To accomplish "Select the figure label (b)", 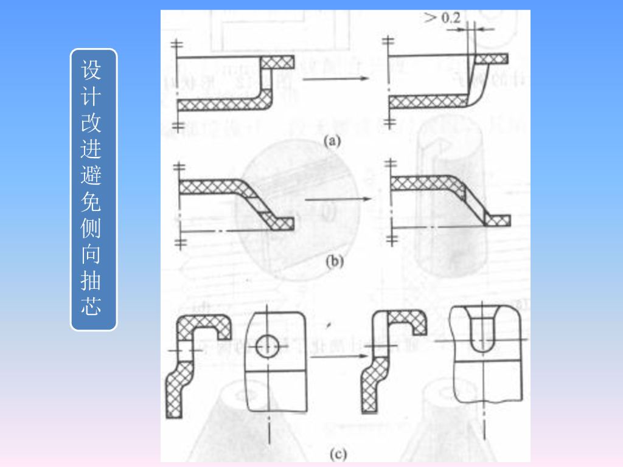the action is point(334,262).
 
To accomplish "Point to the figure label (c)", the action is point(338,453).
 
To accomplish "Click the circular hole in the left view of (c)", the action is point(267,347).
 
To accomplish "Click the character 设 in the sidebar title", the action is point(93,70).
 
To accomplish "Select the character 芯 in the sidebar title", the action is point(93,307).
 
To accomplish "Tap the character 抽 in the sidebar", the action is point(93,281).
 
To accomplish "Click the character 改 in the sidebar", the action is point(93,123).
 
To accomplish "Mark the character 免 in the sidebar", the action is point(93,202).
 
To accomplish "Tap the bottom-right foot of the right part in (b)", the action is point(499,220).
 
